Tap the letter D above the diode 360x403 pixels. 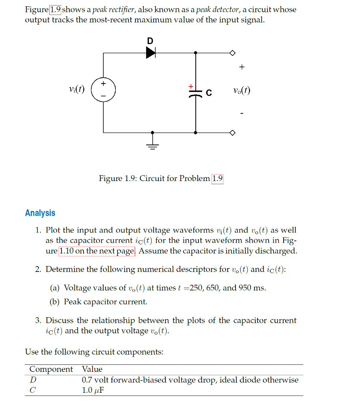click(150, 41)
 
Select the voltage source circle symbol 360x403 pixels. click(104, 91)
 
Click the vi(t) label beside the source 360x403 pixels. click(76, 90)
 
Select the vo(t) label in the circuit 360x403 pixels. click(241, 91)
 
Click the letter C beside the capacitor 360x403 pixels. click(209, 93)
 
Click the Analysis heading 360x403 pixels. click(40, 213)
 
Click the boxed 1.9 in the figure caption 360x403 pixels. click(217, 178)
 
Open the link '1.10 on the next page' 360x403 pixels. click(97, 251)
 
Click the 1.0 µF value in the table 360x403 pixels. click(93, 390)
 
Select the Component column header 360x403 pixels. click(51, 369)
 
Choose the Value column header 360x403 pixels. click(92, 369)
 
